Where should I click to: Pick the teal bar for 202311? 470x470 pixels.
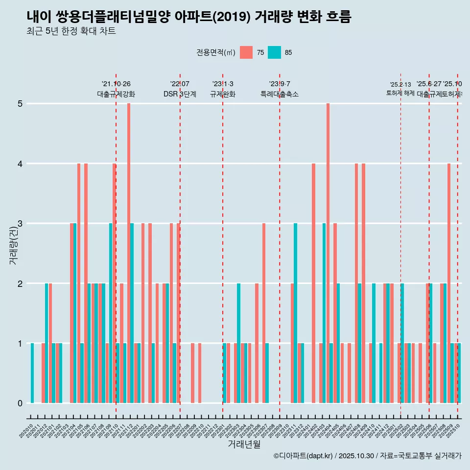pyautogui.click(x=296, y=313)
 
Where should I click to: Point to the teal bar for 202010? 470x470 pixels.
pyautogui.click(x=32, y=373)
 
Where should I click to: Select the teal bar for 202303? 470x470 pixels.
pyautogui.click(x=239, y=343)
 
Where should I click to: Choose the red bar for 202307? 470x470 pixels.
pyautogui.click(x=264, y=313)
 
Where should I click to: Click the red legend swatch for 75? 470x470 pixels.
pyautogui.click(x=246, y=52)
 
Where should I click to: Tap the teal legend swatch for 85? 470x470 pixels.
pyautogui.click(x=274, y=52)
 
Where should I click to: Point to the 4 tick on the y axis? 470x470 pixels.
pyautogui.click(x=20, y=164)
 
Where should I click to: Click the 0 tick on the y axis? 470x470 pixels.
pyautogui.click(x=20, y=403)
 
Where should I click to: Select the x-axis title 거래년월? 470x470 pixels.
pyautogui.click(x=244, y=444)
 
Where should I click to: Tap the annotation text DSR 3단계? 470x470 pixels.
pyautogui.click(x=180, y=94)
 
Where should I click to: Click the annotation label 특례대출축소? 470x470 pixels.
pyautogui.click(x=279, y=94)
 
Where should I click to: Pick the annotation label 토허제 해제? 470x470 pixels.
pyautogui.click(x=400, y=93)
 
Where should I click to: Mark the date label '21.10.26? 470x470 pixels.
pyautogui.click(x=116, y=84)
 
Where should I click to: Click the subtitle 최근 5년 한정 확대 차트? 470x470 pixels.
pyautogui.click(x=71, y=31)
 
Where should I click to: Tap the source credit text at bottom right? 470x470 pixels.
pyautogui.click(x=367, y=456)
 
